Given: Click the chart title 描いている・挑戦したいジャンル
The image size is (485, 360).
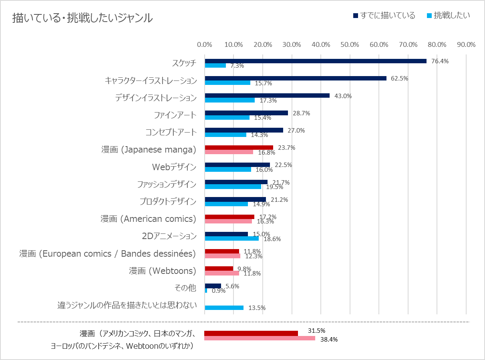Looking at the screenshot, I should pos(82,18).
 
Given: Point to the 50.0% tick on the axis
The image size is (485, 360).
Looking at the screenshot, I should pos(350,44).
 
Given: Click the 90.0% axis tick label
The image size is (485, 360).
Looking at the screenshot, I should pos(466,44).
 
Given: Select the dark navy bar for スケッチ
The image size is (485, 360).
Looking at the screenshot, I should pos(316,61).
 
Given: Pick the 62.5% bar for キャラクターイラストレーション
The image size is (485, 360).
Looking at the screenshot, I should pos(296,78).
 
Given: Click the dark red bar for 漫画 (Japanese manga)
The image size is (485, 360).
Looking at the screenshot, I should pos(239,147).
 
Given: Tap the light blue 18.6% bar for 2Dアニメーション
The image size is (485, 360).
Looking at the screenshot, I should pos(232,238).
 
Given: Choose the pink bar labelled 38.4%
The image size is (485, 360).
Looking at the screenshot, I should pos(260,338).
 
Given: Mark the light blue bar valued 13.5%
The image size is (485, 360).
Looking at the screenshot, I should pos(224,308).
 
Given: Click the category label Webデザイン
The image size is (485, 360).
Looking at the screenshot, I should pos(174,167).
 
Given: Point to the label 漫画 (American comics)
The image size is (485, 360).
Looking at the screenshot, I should pos(148,219).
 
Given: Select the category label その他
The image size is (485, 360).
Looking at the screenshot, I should pos(186,288).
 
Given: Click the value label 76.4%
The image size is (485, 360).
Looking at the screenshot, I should pos(440,61).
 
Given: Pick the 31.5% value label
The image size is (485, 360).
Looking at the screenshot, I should pos(316,331).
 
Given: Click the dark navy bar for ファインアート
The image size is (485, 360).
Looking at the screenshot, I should pos(246,113).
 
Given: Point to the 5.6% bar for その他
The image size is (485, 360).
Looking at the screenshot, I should pos(213,286).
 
